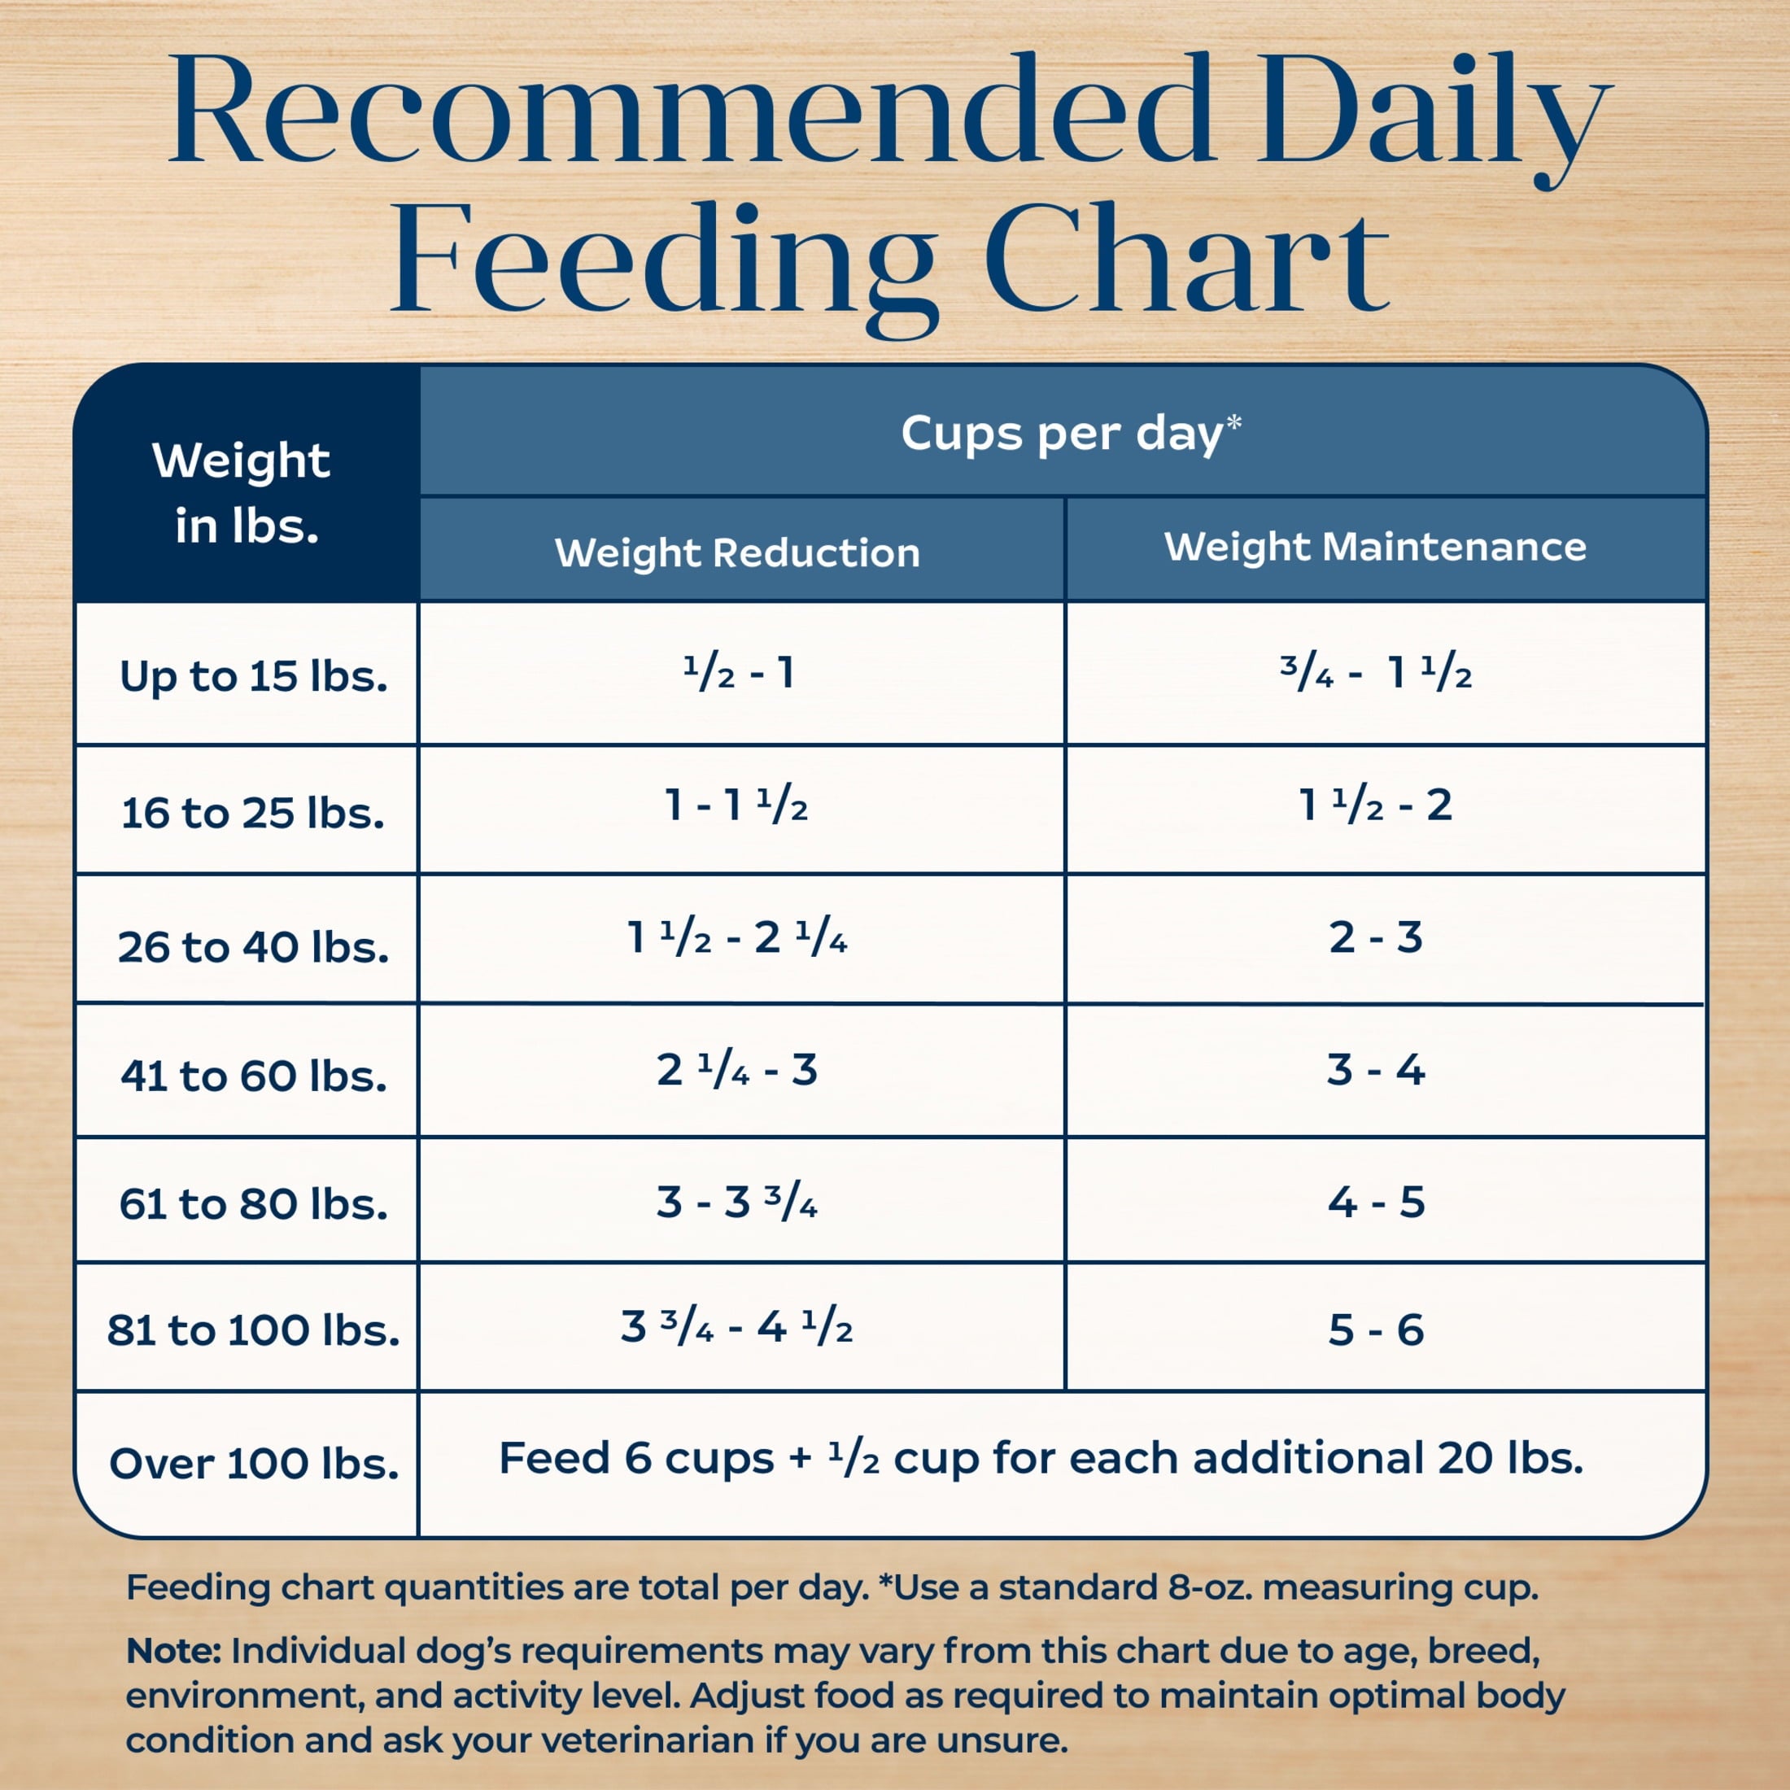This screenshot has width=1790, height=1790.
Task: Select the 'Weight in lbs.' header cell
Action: pos(242,492)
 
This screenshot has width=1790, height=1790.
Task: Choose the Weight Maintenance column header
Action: pos(1375,547)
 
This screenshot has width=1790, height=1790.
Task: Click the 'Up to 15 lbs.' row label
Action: pos(253,676)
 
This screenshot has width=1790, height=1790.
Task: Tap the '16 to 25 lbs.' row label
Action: pos(253,814)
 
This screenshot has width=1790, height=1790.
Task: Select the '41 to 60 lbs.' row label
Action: pos(253,1076)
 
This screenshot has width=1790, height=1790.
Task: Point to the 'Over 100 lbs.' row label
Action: pos(253,1464)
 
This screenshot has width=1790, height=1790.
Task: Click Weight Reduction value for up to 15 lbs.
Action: pos(739,674)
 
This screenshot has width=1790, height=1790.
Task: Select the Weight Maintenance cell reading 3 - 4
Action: pos(1375,1070)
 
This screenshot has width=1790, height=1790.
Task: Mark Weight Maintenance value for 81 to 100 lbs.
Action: pos(1375,1330)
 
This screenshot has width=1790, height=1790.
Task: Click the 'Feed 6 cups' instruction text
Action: pos(1041,1458)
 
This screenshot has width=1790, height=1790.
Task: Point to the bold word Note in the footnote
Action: pos(172,1650)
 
